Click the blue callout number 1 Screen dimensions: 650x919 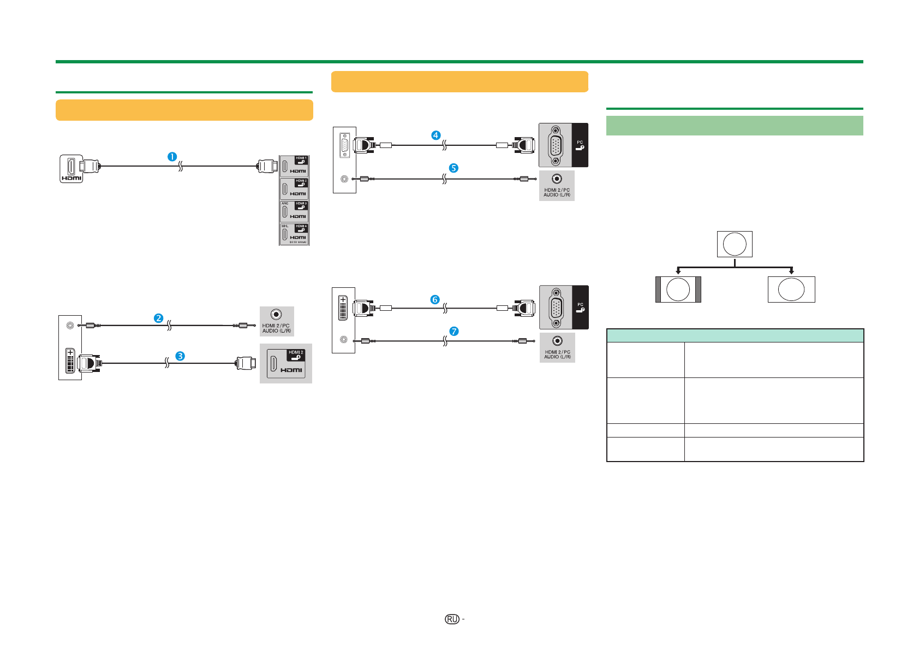[x=172, y=157]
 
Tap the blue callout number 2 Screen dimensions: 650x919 [x=158, y=318]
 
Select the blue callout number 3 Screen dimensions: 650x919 [x=180, y=356]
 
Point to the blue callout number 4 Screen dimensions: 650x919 [x=435, y=135]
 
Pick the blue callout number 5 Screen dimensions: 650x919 [x=453, y=168]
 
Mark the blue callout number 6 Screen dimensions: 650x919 [x=435, y=299]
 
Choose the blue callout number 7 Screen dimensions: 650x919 [x=453, y=331]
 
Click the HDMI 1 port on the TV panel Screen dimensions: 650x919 [x=294, y=166]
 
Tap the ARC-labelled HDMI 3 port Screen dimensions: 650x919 [x=294, y=211]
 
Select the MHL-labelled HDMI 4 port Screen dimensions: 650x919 [x=294, y=234]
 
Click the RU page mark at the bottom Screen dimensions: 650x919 [x=452, y=619]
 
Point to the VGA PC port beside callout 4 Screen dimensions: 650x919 [x=556, y=145]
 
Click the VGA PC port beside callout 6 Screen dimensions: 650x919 [x=556, y=307]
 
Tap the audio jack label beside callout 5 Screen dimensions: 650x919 [x=557, y=192]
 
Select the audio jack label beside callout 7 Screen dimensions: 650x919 [x=557, y=354]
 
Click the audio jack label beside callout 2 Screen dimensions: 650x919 [x=277, y=328]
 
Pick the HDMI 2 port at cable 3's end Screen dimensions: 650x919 [x=286, y=364]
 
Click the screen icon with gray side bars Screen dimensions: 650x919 [x=678, y=289]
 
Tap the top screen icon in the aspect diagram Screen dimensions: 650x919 [x=735, y=244]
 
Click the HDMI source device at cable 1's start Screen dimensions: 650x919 [x=71, y=169]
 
